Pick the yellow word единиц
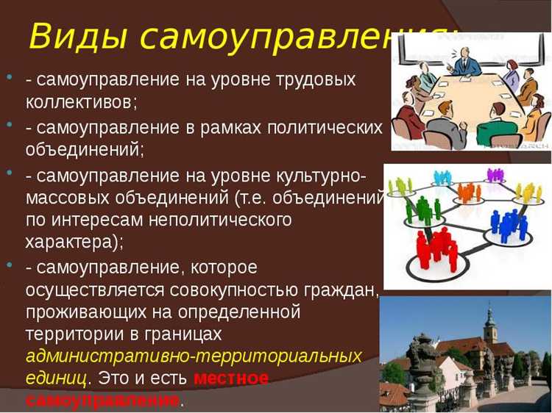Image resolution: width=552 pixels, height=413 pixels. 56,378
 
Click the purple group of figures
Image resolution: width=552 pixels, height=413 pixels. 495,175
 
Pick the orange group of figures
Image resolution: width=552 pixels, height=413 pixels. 468,192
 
